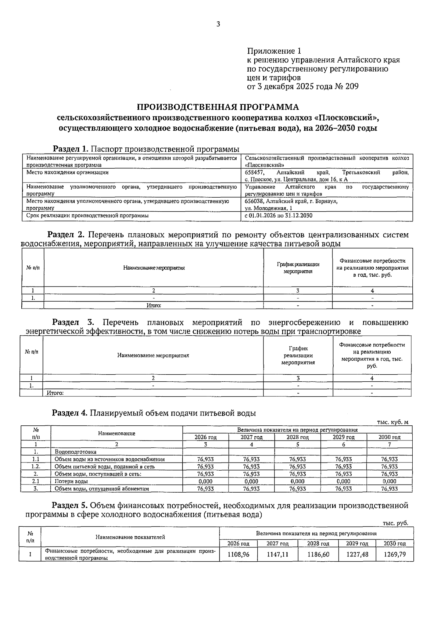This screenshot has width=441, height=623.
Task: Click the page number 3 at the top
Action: tap(218, 24)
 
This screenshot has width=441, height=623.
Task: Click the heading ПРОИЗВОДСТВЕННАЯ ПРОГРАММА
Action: tap(218, 107)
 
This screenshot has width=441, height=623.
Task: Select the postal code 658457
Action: tap(253, 172)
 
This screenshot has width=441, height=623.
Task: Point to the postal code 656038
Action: tap(253, 201)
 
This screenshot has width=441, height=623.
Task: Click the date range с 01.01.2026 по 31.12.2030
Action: tap(279, 216)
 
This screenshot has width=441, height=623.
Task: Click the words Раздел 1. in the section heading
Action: tap(71, 149)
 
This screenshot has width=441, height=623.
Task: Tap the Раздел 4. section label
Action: tap(69, 413)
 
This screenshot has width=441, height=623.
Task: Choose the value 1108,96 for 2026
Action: tap(238, 554)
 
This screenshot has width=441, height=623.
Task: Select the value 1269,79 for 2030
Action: tap(394, 554)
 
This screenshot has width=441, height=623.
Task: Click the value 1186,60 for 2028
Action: tap(318, 554)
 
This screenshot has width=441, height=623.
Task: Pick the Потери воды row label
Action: tap(71, 481)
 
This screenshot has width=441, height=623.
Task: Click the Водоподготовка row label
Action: tap(75, 452)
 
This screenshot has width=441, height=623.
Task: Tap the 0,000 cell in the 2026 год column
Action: tap(205, 481)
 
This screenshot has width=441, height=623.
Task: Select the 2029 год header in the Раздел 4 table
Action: tap(344, 437)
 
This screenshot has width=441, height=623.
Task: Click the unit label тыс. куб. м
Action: tap(392, 422)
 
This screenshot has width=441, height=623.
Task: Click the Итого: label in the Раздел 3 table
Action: tap(55, 393)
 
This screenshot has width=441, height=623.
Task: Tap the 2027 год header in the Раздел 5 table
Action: tap(277, 544)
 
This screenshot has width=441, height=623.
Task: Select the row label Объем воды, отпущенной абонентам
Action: tap(101, 489)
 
